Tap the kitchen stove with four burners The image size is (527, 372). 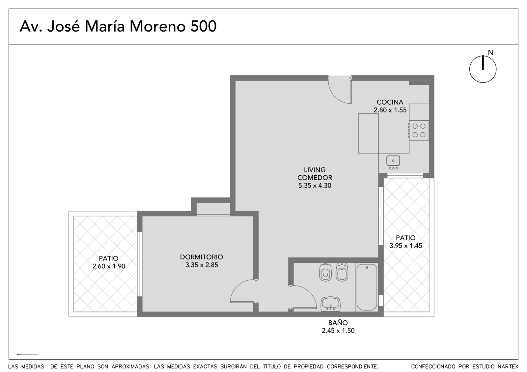[x=419, y=130]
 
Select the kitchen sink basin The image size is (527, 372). [x=393, y=161]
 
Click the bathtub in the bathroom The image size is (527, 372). [x=367, y=287]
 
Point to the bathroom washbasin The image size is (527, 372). [x=331, y=304]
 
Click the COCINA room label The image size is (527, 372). [x=390, y=102]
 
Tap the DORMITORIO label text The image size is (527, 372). [x=201, y=257]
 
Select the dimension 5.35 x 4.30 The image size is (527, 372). [x=315, y=186]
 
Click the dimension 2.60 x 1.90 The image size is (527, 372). [x=108, y=266]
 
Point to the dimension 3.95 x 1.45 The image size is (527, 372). [x=405, y=246]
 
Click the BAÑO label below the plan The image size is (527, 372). [x=338, y=322]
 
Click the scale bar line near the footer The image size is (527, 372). [x=28, y=355]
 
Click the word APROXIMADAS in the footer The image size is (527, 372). [x=131, y=367]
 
